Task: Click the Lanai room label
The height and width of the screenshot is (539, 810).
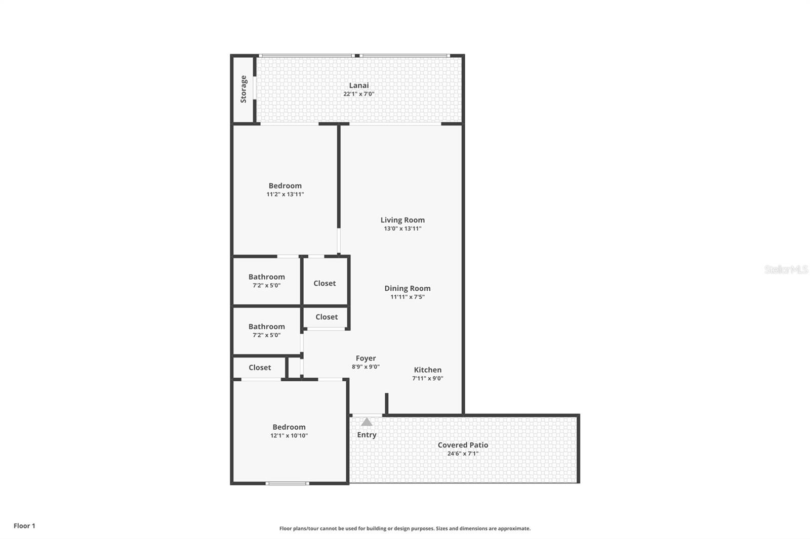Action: (358, 85)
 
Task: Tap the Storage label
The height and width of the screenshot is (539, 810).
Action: (244, 89)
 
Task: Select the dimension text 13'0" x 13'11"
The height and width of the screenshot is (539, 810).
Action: (402, 229)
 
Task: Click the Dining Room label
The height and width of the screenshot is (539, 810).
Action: (407, 288)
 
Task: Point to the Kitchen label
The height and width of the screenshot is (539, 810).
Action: (427, 370)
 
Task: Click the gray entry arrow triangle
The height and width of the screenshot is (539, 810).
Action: (367, 422)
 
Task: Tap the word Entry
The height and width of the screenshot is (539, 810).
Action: (367, 435)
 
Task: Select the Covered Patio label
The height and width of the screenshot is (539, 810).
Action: (463, 445)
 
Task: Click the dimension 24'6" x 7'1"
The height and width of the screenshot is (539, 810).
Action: (463, 454)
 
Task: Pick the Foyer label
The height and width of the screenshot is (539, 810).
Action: (366, 358)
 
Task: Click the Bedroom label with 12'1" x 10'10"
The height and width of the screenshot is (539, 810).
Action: (289, 427)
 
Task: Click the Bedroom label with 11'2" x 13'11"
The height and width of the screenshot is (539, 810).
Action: (285, 186)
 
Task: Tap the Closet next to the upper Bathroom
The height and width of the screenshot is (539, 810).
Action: (325, 283)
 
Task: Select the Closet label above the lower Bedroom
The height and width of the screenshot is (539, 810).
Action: (260, 368)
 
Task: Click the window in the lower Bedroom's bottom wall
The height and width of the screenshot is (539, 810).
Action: (287, 483)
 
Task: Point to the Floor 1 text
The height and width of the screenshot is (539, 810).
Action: (24, 526)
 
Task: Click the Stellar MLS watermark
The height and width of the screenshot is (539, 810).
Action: (786, 269)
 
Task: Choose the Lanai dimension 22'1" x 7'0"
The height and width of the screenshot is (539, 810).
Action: (358, 94)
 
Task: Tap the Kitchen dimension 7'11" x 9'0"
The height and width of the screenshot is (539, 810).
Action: (427, 378)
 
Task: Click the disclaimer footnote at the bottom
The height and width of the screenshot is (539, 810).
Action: (405, 528)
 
